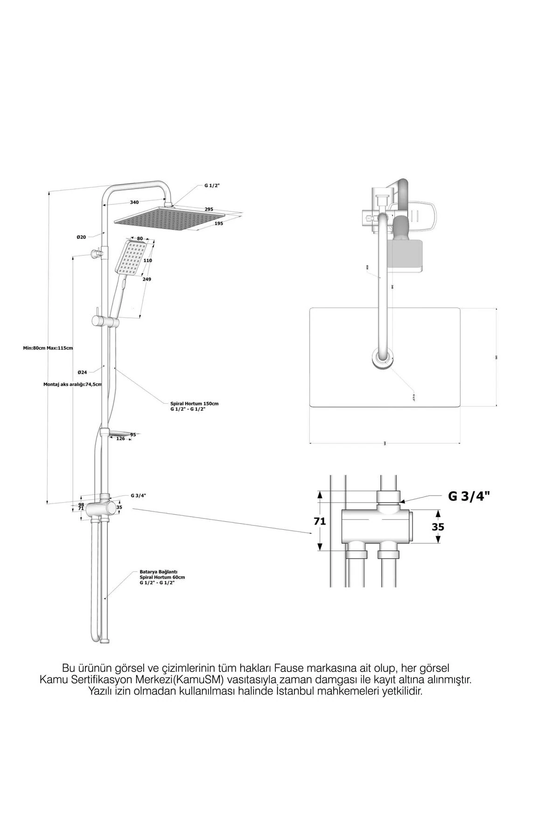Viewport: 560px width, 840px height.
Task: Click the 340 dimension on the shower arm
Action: [x=134, y=202]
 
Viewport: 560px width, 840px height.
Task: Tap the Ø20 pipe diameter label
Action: [x=81, y=237]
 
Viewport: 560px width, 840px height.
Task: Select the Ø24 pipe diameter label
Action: [x=82, y=372]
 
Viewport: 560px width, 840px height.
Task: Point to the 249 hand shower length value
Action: [x=147, y=279]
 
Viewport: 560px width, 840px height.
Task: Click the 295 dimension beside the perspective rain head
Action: [x=209, y=209]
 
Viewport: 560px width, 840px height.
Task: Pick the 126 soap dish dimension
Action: [x=120, y=438]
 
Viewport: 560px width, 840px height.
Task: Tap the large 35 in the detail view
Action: [x=438, y=527]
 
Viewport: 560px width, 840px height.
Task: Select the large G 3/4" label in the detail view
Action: [x=469, y=497]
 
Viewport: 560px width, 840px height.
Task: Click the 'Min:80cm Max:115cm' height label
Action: [x=48, y=348]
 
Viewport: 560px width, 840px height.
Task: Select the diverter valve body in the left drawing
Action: [x=105, y=507]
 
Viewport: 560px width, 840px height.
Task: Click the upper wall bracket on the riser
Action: [x=97, y=253]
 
